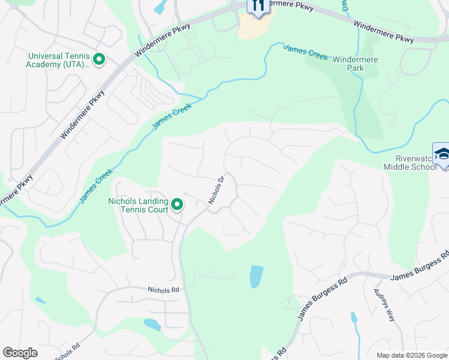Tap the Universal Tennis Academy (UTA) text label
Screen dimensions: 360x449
pyautogui.click(x=58, y=60)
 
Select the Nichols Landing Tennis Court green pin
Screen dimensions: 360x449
pyautogui.click(x=177, y=205)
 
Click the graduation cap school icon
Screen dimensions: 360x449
pyautogui.click(x=441, y=154)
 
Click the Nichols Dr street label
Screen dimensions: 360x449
pyautogui.click(x=216, y=190)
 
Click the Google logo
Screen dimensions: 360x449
pyautogui.click(x=20, y=353)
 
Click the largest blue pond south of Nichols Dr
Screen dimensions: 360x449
pyautogui.click(x=256, y=277)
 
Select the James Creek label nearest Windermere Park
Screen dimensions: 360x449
pyautogui.click(x=306, y=53)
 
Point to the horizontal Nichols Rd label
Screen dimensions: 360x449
pyautogui.click(x=163, y=289)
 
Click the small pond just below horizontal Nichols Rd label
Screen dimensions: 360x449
pyautogui.click(x=152, y=325)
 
